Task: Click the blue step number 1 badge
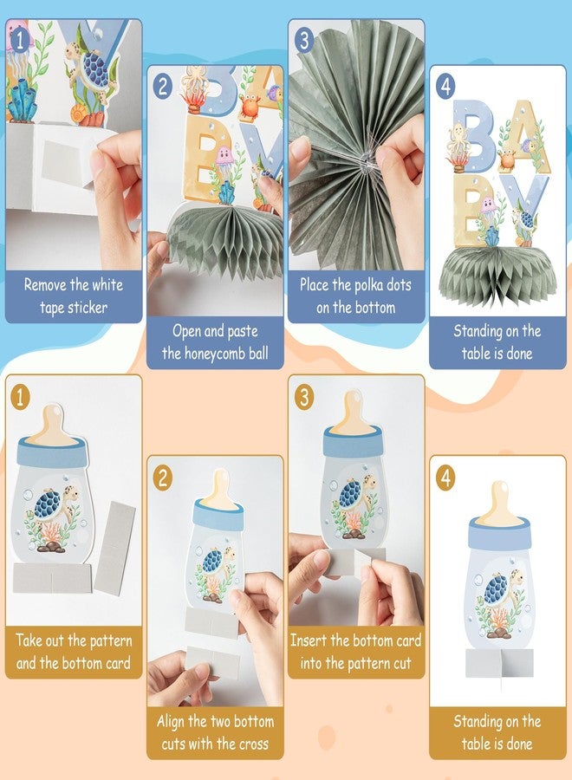point(20,39)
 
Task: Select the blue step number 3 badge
point(303,40)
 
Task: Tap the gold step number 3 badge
point(303,397)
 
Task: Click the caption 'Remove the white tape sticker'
point(74,295)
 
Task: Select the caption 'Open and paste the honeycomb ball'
point(215,341)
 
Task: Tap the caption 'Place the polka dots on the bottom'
point(356,295)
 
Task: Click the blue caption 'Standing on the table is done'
point(497,341)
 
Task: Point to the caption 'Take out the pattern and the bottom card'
point(74,652)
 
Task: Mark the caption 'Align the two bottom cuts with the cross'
point(215,732)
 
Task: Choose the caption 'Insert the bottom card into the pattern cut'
point(356,652)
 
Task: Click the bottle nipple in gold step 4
point(500,504)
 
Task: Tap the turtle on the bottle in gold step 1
point(53,504)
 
